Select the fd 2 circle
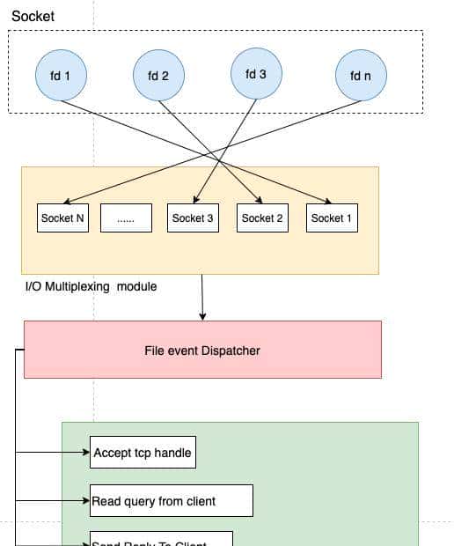(x=158, y=77)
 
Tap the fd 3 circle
(x=255, y=74)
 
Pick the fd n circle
(x=361, y=77)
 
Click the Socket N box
(x=63, y=218)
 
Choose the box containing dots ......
(x=126, y=218)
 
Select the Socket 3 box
(x=193, y=218)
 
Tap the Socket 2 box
(x=262, y=218)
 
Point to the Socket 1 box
(x=333, y=218)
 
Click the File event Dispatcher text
(x=202, y=350)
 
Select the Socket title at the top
(x=33, y=17)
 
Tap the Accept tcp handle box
(x=143, y=453)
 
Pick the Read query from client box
(x=172, y=500)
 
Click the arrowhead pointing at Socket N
(x=68, y=202)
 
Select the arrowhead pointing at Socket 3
(x=194, y=202)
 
